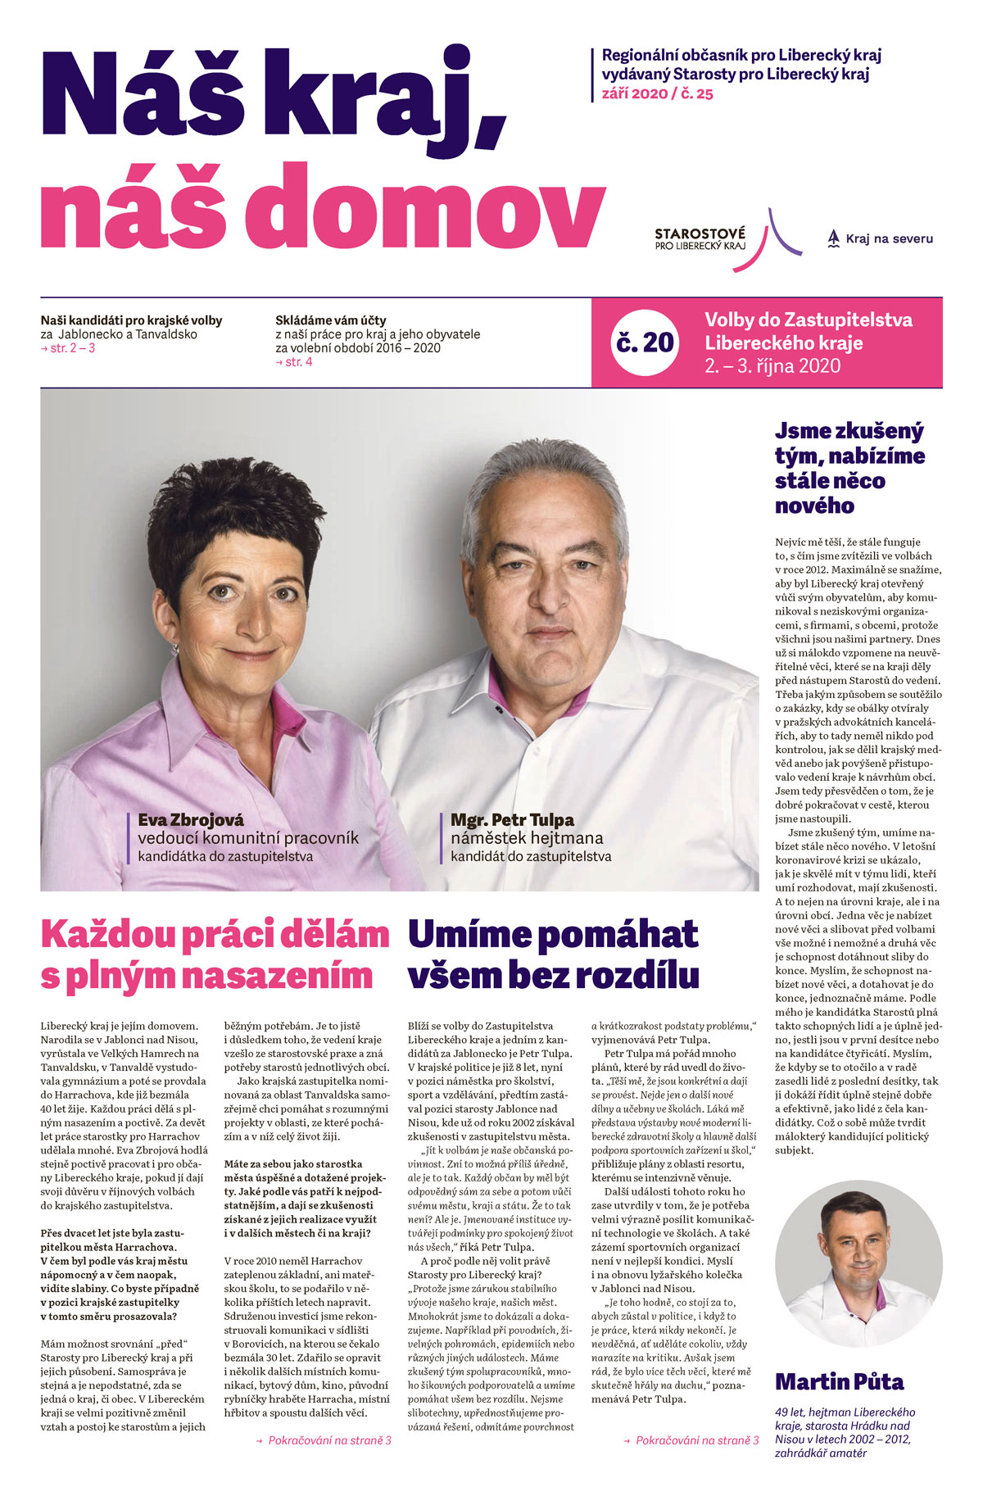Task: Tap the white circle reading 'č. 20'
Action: [646, 342]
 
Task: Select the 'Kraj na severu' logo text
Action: [889, 239]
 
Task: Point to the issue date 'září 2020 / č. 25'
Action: [658, 93]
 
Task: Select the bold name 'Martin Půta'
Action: [840, 1382]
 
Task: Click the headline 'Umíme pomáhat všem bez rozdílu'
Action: [554, 955]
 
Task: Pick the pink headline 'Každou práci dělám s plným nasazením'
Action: [215, 955]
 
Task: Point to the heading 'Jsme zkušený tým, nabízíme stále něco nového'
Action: [849, 468]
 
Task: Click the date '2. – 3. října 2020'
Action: [772, 366]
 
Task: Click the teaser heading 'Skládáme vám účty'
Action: [331, 320]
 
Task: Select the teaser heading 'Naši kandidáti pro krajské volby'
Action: [131, 320]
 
